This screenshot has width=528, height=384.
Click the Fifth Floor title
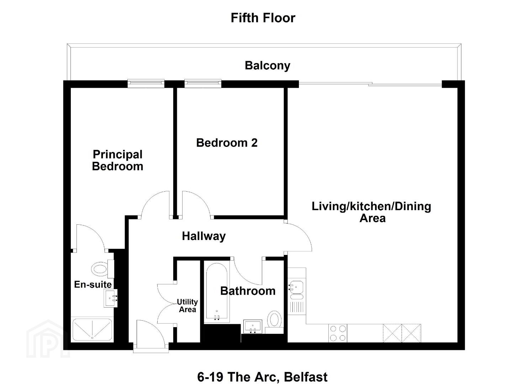click(263, 18)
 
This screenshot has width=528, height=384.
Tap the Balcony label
click(268, 65)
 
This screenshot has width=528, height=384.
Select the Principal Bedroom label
click(118, 160)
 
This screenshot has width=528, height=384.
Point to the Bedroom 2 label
click(227, 143)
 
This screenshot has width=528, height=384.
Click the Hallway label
click(204, 236)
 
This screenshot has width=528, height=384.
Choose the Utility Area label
click(188, 305)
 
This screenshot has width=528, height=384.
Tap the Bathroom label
click(248, 291)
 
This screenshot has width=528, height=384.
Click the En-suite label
click(93, 284)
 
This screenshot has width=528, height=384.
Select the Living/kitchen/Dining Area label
click(371, 212)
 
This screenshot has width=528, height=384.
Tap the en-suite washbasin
click(111, 298)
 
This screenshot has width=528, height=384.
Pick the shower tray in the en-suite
click(92, 330)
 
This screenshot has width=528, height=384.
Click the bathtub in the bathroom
click(217, 293)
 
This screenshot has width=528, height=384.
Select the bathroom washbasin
click(253, 326)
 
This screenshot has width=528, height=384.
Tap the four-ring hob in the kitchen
click(338, 333)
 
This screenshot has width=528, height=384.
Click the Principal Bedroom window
click(146, 84)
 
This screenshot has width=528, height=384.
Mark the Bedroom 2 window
click(203, 84)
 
